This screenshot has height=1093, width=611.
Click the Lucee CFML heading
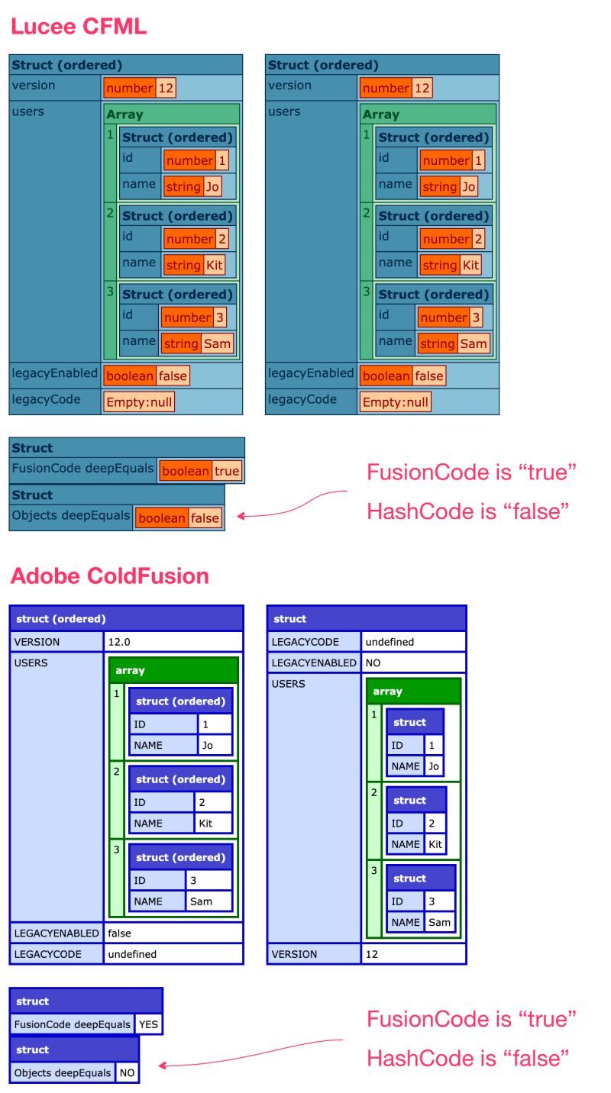tap(78, 27)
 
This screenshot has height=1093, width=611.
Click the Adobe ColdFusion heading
tap(109, 576)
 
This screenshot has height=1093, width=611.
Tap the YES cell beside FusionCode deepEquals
tap(149, 1024)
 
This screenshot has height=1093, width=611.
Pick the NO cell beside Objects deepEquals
tap(127, 1072)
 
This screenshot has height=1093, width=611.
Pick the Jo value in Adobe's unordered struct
tap(433, 766)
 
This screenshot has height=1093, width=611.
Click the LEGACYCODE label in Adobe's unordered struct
tap(313, 642)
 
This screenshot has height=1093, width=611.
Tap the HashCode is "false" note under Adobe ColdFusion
tap(468, 1058)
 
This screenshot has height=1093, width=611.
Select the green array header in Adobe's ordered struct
tap(173, 670)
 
